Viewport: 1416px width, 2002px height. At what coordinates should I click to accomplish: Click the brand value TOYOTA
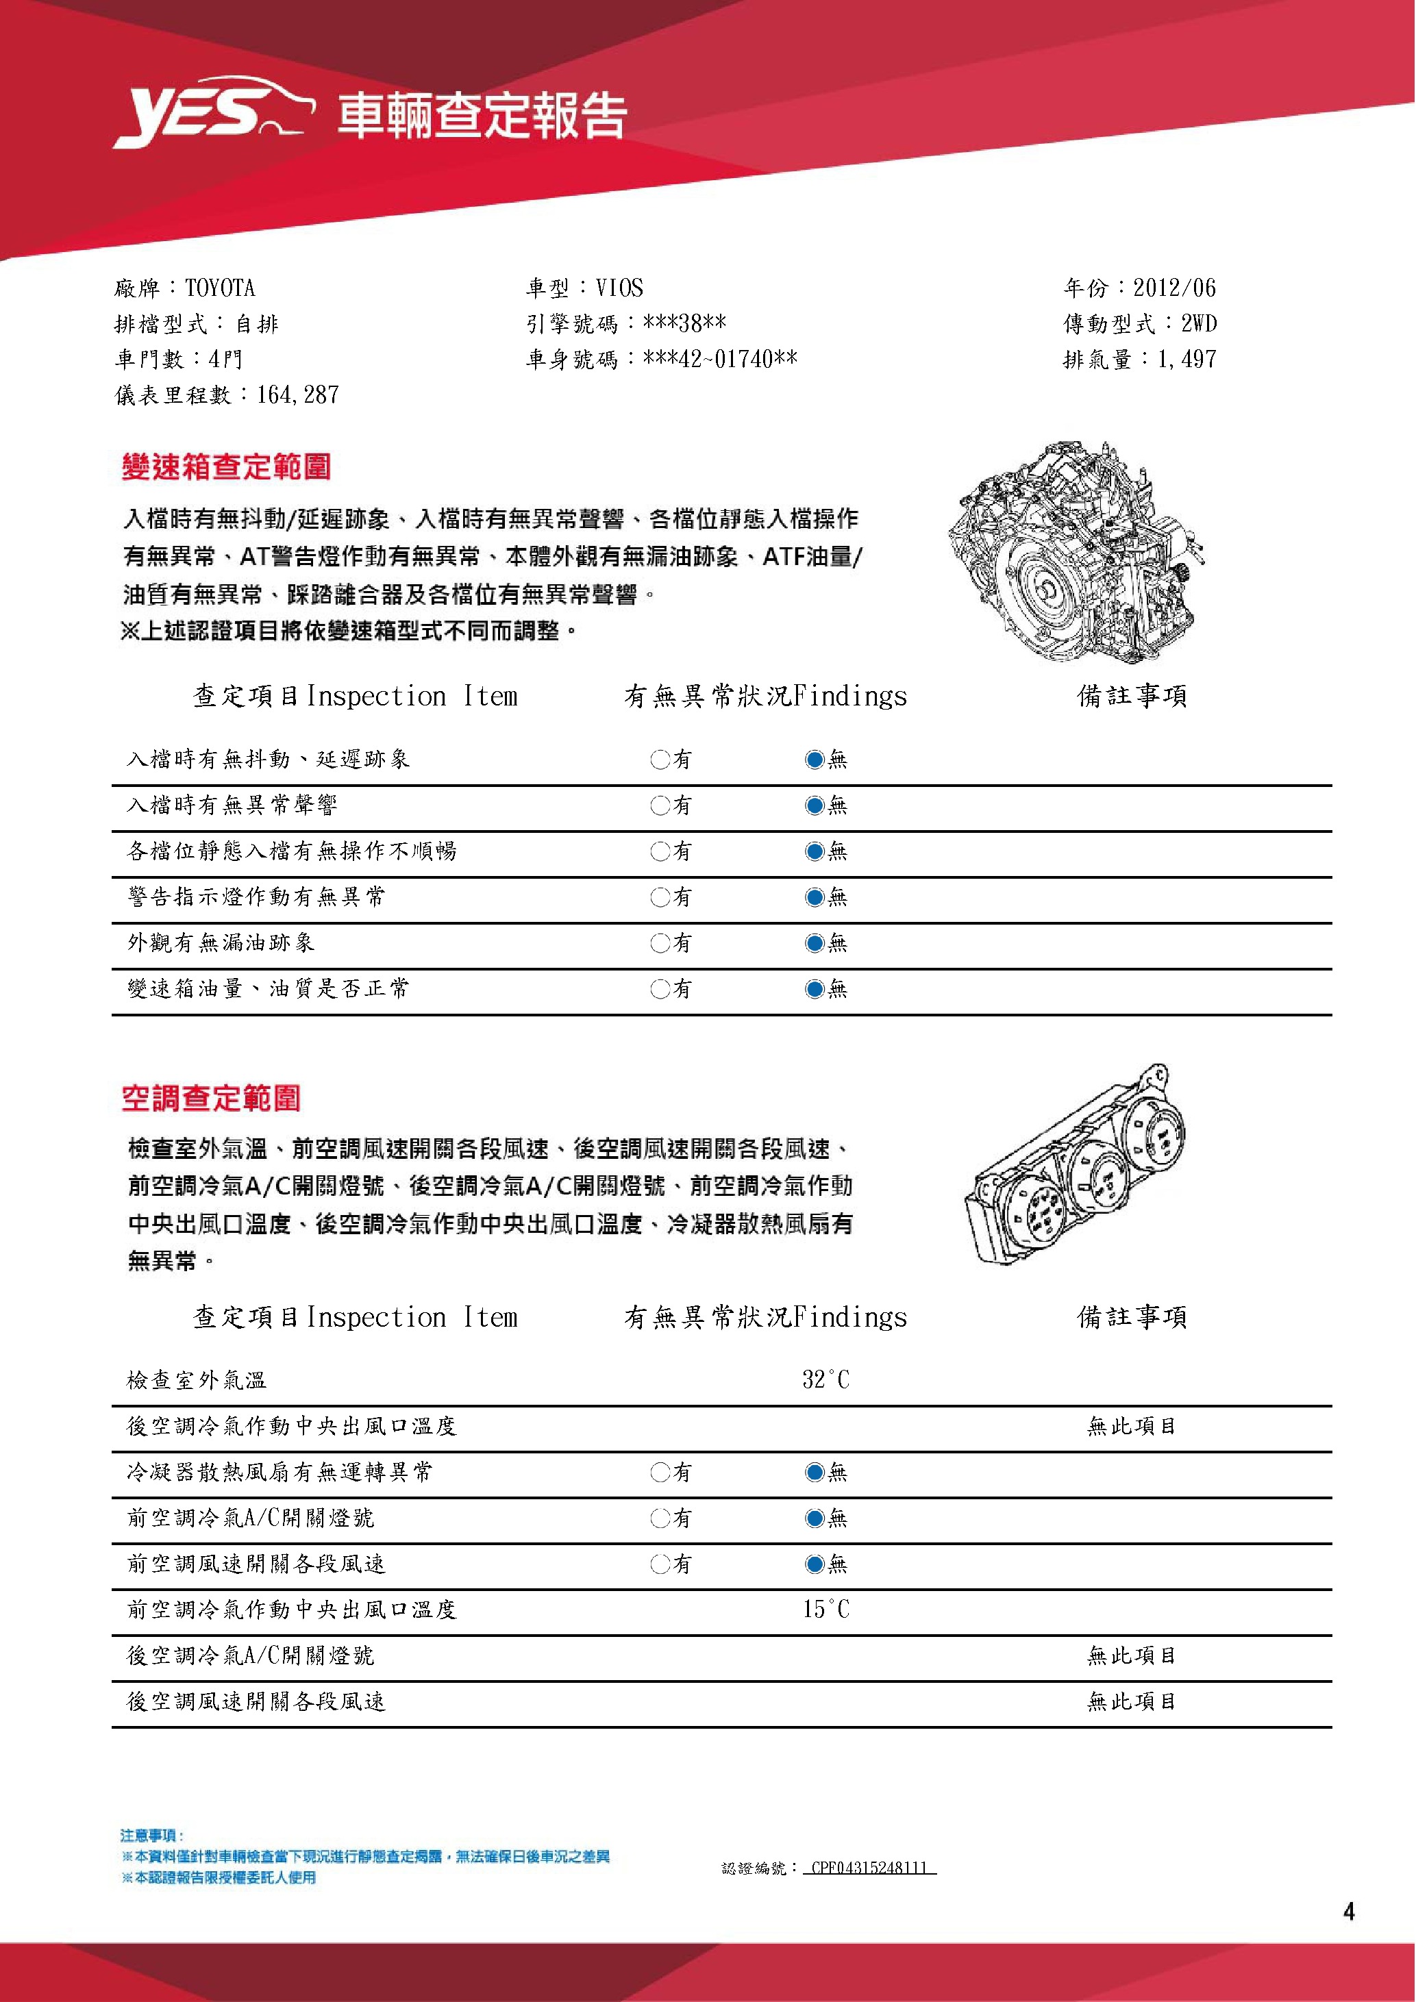pos(220,288)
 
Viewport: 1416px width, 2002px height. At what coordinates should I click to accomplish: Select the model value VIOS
pos(619,288)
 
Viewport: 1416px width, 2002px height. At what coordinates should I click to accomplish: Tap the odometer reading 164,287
pos(297,395)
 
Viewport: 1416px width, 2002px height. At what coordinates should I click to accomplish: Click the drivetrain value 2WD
pos(1199,323)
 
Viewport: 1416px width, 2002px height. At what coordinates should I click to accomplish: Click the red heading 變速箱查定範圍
pos(226,467)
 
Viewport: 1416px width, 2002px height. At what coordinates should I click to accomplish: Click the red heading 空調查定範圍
pos(211,1099)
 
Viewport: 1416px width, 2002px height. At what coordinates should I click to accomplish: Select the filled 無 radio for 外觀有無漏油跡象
pos(815,942)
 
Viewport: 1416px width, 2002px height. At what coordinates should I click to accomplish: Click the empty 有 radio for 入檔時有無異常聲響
pos(660,805)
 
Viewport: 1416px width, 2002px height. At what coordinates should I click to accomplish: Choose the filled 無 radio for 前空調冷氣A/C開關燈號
pos(815,1518)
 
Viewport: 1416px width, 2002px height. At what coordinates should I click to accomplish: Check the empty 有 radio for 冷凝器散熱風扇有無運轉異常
pos(660,1473)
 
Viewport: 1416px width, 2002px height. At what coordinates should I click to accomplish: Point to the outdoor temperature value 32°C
pos(825,1380)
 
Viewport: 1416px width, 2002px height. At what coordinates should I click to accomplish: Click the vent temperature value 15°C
pos(825,1610)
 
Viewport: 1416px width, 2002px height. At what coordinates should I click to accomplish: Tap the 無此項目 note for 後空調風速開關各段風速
pos(1131,1701)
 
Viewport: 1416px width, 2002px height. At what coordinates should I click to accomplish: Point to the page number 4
pos(1349,1912)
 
